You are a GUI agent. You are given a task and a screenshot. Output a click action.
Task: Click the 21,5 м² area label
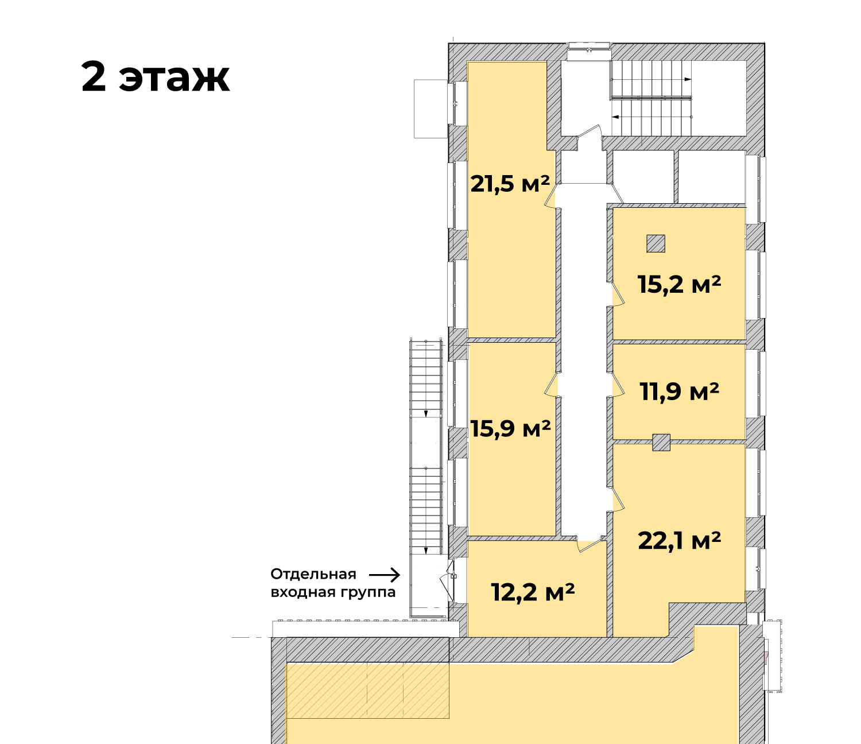coord(510,184)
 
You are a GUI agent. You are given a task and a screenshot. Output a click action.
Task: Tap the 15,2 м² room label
coord(679,285)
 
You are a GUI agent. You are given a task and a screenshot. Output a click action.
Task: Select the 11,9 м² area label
coord(679,392)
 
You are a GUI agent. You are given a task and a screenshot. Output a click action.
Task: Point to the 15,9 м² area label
coord(510,429)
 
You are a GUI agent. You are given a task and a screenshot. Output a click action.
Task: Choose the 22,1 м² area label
coord(679,541)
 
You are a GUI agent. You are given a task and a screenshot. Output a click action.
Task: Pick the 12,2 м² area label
coord(533,592)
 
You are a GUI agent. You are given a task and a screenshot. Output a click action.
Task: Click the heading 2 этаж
coord(155,77)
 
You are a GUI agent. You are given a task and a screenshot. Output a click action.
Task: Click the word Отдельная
coord(313,574)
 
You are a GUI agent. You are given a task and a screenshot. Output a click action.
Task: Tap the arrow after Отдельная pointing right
coord(385,575)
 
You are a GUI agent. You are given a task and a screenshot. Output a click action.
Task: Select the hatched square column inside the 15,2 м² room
coord(656,244)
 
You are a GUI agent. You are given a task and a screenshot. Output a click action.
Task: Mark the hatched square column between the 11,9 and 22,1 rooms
coord(661,443)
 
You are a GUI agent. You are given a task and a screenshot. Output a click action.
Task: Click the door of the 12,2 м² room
coord(590,543)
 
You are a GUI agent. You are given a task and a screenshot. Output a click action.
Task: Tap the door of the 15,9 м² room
coord(551,384)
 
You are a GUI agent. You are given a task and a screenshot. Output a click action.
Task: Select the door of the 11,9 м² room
coord(618,384)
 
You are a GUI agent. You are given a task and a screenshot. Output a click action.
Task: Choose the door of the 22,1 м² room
coord(618,499)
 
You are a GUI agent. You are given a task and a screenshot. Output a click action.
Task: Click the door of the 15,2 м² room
coord(618,294)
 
